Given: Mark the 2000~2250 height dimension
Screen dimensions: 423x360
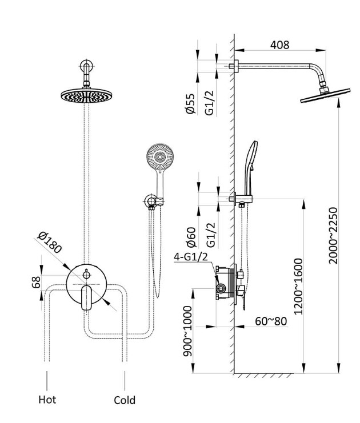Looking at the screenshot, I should click(334, 235).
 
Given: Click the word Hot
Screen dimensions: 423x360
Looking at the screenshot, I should click(47, 399).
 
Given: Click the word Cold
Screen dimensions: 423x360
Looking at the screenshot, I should click(125, 400).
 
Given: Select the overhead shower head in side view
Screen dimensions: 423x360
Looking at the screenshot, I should click(321, 98).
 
